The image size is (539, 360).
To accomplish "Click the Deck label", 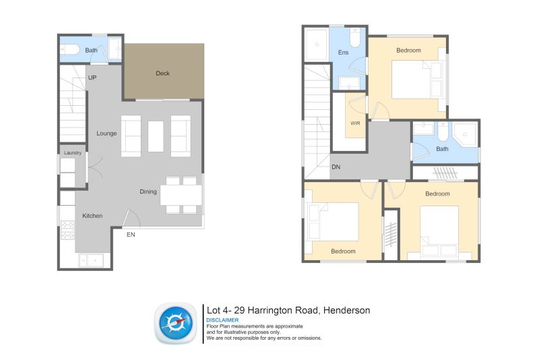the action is click(x=162, y=73).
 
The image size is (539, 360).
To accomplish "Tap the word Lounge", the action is click(x=106, y=133).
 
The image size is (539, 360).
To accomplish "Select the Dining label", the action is click(x=148, y=192).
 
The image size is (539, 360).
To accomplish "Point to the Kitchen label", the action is click(x=92, y=216).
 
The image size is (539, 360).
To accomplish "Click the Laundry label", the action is click(x=73, y=152).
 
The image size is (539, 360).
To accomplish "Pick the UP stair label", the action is click(x=92, y=78).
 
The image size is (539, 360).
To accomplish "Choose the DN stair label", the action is click(x=336, y=167).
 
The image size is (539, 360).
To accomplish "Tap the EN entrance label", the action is click(x=131, y=235).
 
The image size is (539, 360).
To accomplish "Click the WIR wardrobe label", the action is click(x=356, y=123).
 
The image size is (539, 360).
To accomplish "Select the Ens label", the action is click(x=343, y=53).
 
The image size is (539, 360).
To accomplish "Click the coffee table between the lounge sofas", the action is click(x=156, y=136).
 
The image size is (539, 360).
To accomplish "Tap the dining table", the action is click(x=181, y=196).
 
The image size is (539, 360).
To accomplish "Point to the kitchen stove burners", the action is click(x=67, y=230).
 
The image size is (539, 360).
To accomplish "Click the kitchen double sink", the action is click(x=91, y=260).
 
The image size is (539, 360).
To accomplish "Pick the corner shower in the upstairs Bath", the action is click(x=465, y=133).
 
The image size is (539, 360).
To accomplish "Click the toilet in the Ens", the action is click(x=355, y=38).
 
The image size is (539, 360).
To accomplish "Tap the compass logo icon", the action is click(x=176, y=323).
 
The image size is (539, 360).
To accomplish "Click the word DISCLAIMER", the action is click(x=222, y=320).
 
